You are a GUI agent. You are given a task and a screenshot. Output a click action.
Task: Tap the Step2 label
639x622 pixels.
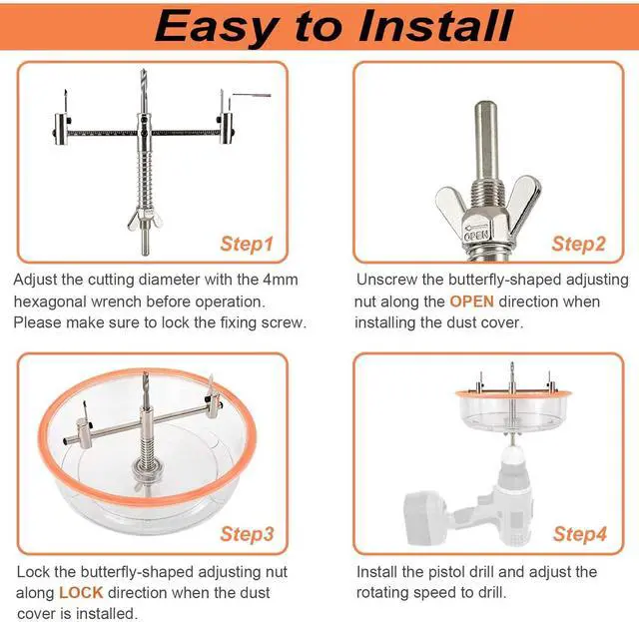579,243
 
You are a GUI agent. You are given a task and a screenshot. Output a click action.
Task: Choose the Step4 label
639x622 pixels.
579,533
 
